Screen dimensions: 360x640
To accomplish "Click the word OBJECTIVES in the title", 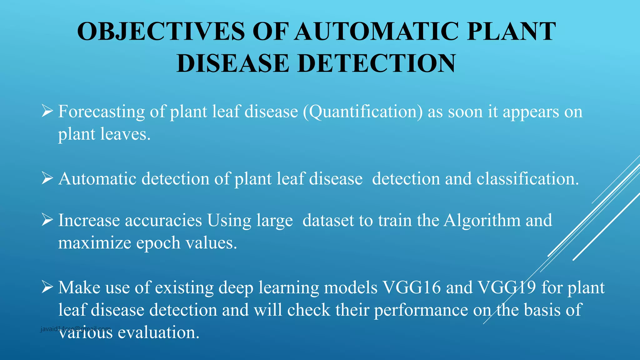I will tap(161, 32).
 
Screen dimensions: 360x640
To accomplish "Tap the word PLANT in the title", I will tap(511, 32).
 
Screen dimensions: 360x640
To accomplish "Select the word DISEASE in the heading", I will tap(232, 63).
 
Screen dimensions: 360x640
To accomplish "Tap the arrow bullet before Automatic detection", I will tap(47, 178).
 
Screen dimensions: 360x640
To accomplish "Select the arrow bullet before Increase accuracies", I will tap(47, 220).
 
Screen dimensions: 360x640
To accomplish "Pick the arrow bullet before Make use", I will tap(47, 287).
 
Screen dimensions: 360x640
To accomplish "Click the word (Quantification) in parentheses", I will tap(362, 112).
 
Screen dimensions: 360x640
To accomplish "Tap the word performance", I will tap(421, 310).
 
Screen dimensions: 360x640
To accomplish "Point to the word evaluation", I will tap(158, 332).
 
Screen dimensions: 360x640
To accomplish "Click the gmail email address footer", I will tap(76, 329).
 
